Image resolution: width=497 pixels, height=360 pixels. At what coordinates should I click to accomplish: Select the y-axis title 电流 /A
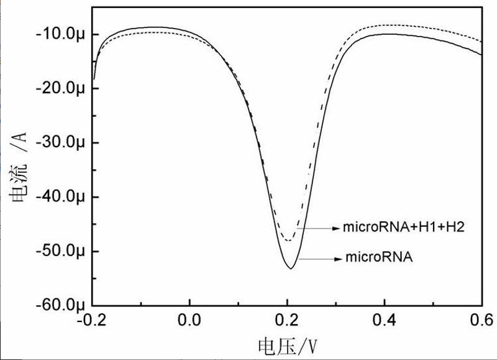coord(18,174)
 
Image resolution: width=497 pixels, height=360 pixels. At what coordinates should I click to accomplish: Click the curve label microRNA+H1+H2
coord(404,228)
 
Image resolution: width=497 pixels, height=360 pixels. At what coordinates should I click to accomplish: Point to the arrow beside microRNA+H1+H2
coord(318,228)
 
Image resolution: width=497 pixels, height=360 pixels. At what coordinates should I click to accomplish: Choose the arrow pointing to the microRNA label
coord(321,257)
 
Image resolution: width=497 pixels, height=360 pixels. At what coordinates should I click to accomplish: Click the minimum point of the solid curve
coord(290,268)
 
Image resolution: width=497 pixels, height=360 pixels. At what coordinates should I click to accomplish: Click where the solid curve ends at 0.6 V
coord(481,55)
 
